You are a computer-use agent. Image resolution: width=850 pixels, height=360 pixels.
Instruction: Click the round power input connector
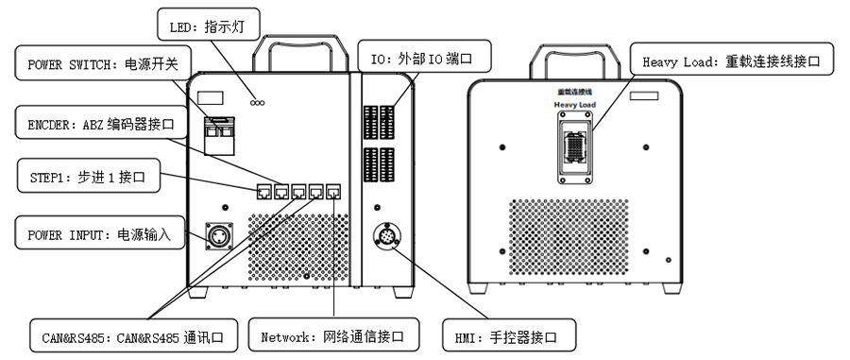[x=220, y=236]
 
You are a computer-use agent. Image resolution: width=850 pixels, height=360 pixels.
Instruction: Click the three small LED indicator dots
[x=256, y=103]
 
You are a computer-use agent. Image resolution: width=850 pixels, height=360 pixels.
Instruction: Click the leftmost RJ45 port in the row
[x=263, y=192]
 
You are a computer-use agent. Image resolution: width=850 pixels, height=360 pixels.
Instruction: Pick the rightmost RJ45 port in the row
[x=333, y=192]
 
